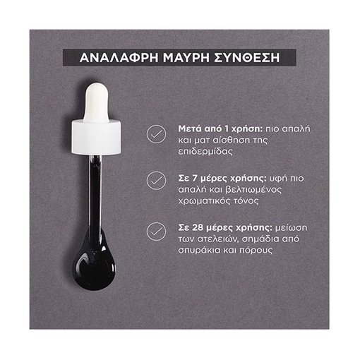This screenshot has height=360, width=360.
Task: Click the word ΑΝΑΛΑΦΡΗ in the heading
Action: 119,58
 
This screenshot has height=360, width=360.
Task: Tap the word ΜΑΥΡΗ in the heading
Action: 186,58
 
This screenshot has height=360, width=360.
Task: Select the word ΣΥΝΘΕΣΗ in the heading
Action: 247,58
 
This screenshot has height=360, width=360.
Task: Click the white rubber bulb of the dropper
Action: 96,102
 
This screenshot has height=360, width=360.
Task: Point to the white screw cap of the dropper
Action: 96,137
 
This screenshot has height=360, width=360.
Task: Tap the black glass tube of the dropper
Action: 95,192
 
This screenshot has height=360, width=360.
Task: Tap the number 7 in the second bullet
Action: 194,179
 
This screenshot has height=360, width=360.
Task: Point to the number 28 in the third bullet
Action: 197,228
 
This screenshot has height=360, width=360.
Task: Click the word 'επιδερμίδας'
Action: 205,152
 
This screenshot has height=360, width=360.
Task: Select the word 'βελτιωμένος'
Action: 253,190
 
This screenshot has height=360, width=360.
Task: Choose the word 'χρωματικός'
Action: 205,201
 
